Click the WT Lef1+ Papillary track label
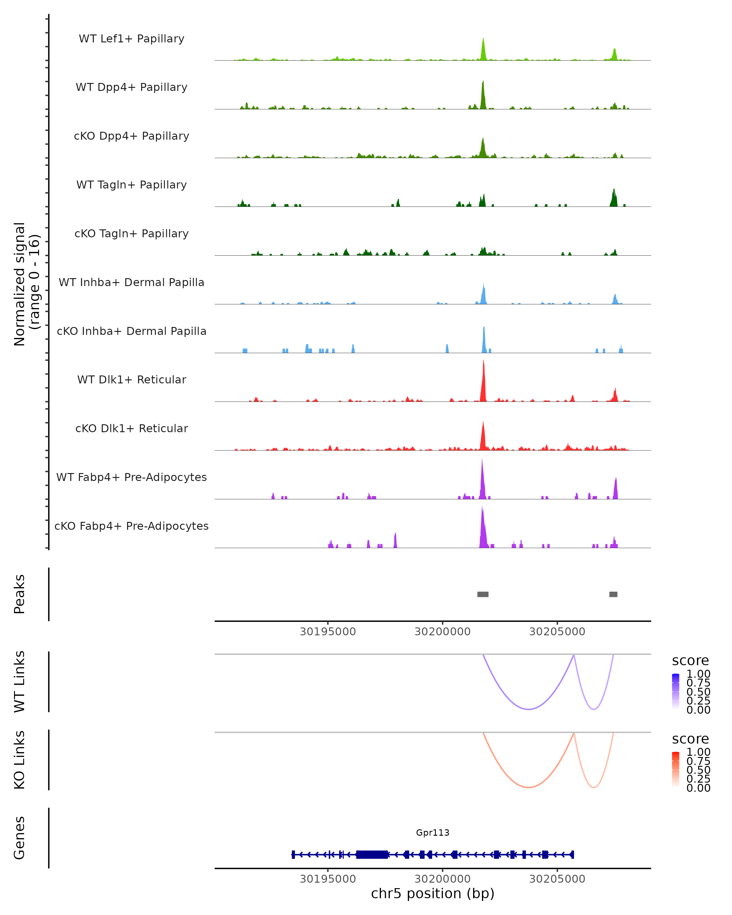[131, 39]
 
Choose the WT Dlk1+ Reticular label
[131, 379]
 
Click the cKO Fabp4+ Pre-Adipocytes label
[131, 526]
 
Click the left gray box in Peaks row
[483, 594]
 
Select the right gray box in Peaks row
[613, 594]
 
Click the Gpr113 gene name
[432, 833]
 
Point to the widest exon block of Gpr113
[372, 855]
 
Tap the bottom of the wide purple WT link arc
[528, 709]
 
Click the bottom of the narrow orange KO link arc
[594, 787]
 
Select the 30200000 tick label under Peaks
[443, 632]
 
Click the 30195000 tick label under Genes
[328, 879]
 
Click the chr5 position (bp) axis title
[432, 894]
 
